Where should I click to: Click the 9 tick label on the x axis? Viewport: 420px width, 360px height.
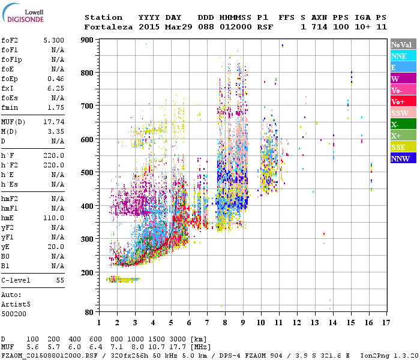243,322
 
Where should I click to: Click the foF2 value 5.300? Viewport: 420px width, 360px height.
54,40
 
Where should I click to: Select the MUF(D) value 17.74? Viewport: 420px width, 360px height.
54,122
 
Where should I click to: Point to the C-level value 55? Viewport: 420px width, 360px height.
60,280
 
